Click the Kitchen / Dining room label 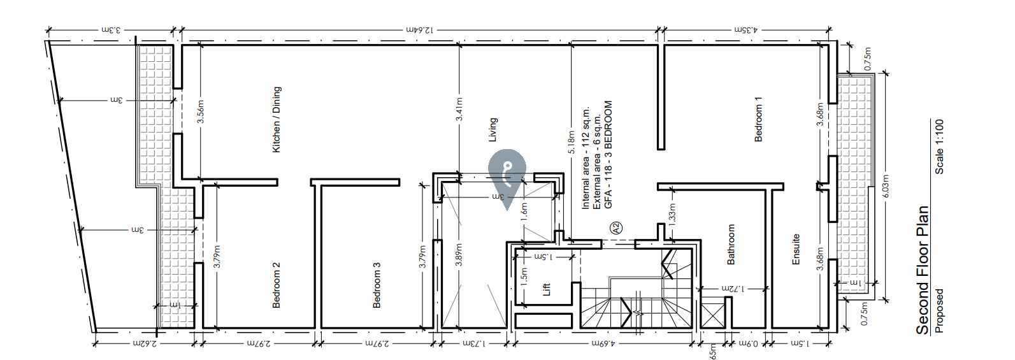pos(277,120)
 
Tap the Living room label pos(493,129)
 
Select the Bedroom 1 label pos(758,119)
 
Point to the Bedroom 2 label pos(277,285)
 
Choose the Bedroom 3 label pos(377,285)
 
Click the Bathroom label pos(731,244)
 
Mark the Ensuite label pos(796,249)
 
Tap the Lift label pos(546,289)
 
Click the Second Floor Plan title pos(922,270)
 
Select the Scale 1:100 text pos(939,147)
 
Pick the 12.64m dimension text pos(420,29)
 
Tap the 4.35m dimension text pos(746,29)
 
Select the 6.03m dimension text pos(885,186)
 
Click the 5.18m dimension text pos(572,142)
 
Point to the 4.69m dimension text pos(603,343)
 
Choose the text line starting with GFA pos(608,154)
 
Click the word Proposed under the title pos(939,311)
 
